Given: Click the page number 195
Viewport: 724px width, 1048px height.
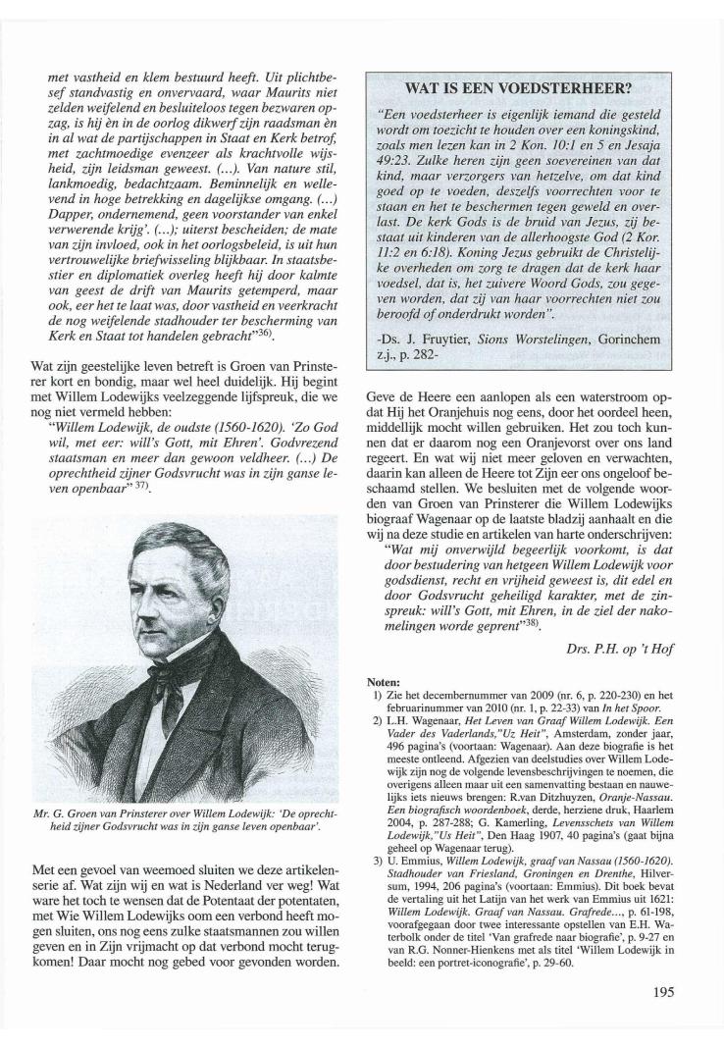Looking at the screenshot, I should (662, 990).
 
